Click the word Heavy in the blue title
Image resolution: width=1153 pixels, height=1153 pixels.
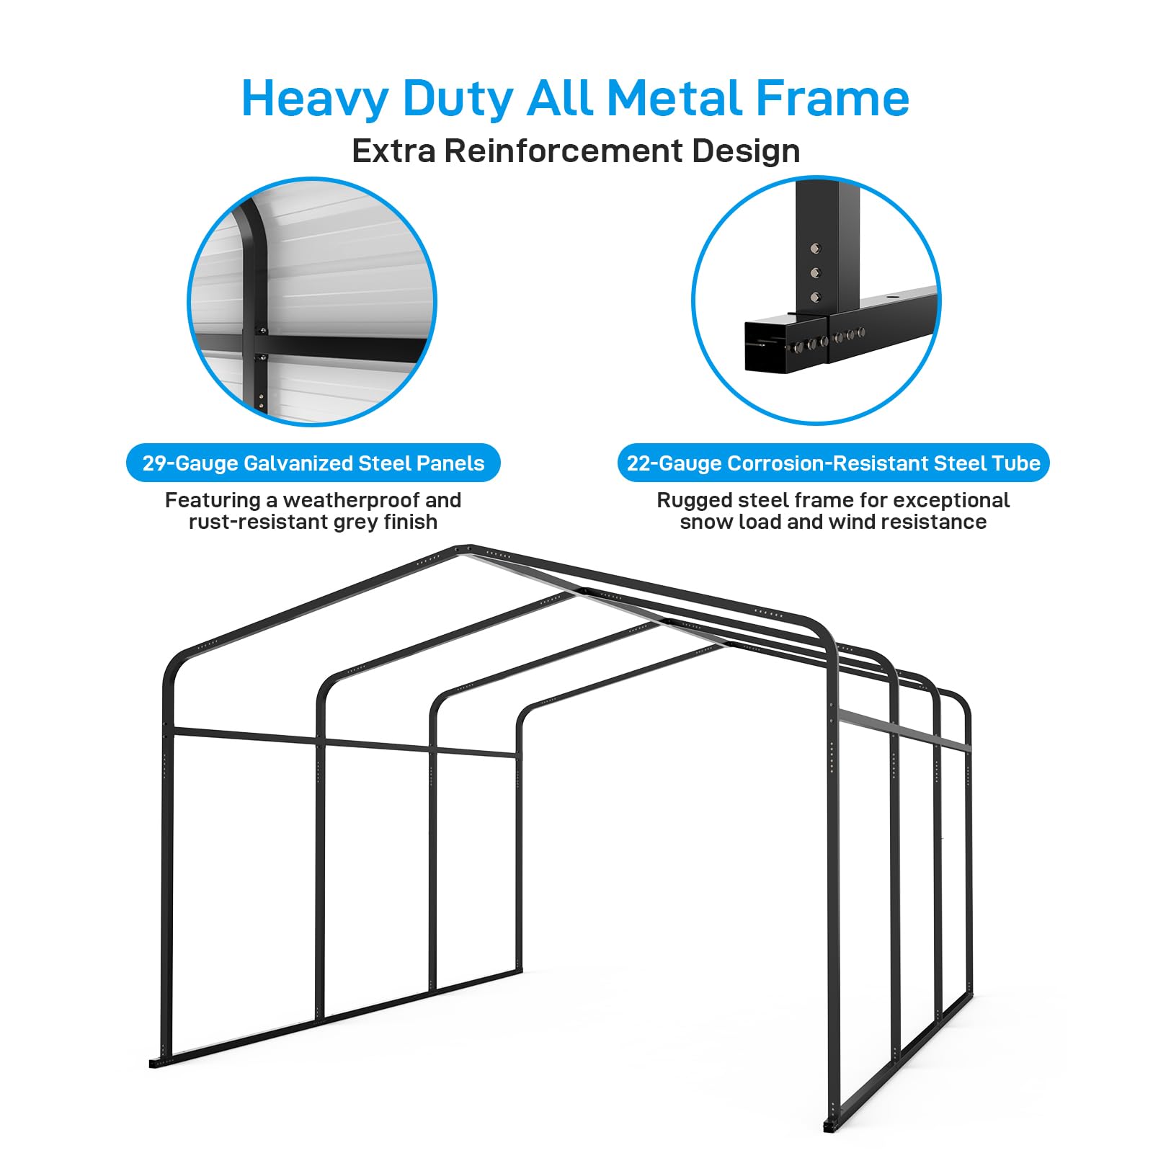[315, 99]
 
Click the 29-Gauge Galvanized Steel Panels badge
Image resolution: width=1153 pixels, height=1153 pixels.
[313, 463]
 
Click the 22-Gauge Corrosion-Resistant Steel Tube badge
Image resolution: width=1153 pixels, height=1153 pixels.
[833, 463]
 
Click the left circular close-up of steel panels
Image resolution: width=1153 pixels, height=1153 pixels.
[312, 301]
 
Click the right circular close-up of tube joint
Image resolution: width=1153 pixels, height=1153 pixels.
[816, 301]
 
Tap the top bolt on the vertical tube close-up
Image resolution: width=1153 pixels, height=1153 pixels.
[815, 249]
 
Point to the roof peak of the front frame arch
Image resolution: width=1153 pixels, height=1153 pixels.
[463, 549]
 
